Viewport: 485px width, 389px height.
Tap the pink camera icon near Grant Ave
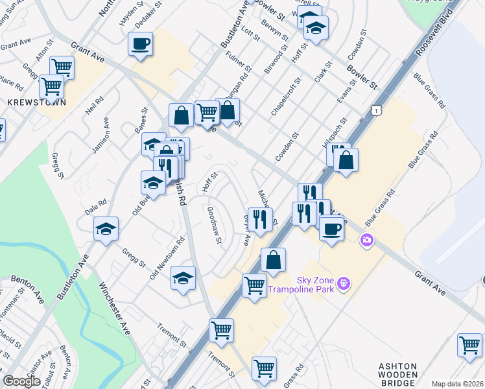click(x=368, y=241)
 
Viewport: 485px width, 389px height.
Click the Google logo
click(x=21, y=381)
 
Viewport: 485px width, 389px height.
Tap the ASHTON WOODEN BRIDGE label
click(x=396, y=375)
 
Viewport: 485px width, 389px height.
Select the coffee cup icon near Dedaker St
click(x=140, y=43)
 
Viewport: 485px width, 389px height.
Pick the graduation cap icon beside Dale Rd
click(x=106, y=229)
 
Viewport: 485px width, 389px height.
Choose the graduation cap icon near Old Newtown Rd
click(x=183, y=278)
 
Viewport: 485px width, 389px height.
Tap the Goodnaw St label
click(x=215, y=225)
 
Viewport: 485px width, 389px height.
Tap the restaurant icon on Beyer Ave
click(x=261, y=219)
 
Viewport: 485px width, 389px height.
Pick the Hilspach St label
click(x=337, y=130)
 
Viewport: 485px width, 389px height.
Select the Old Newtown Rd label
click(x=167, y=258)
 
